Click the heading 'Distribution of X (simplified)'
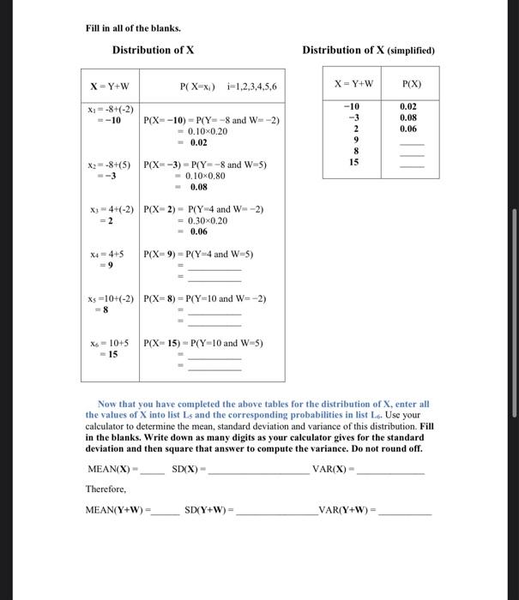[x=369, y=50]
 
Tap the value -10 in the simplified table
[x=351, y=105]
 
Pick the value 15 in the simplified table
[x=351, y=161]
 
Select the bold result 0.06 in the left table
[x=198, y=231]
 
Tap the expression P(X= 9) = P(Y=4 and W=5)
[x=199, y=255]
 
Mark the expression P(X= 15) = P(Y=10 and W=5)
[x=203, y=343]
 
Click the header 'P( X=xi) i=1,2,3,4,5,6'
[x=227, y=87]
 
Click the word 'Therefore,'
[x=106, y=489]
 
